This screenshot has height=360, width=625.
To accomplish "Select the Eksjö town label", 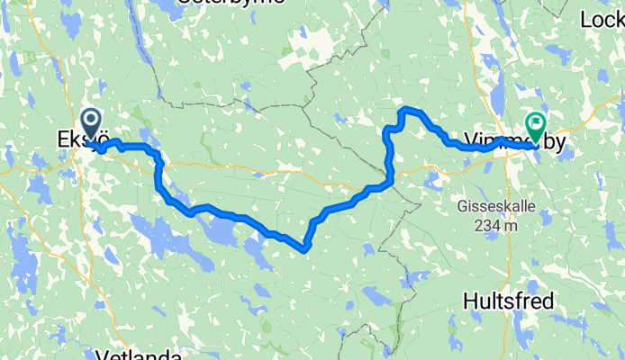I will [x=77, y=141].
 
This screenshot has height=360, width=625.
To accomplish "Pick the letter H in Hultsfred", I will [x=470, y=300].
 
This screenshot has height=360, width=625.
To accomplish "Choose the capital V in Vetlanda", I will [x=111, y=355].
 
